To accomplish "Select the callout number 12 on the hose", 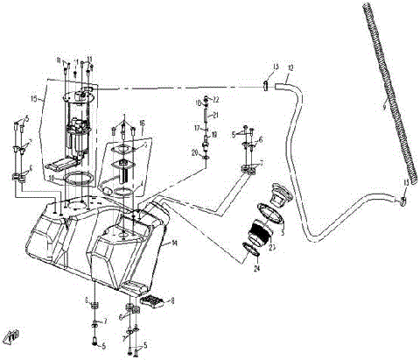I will pyautogui.click(x=290, y=67).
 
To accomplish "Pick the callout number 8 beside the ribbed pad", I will pyautogui.click(x=171, y=300).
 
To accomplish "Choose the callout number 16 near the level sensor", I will pyautogui.click(x=142, y=124).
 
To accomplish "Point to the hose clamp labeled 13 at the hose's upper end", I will pyautogui.click(x=264, y=85).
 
